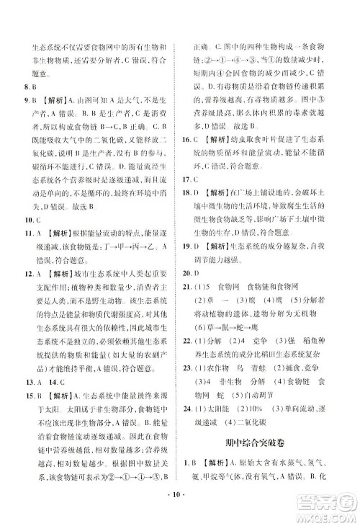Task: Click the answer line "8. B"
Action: coord(24,84)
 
